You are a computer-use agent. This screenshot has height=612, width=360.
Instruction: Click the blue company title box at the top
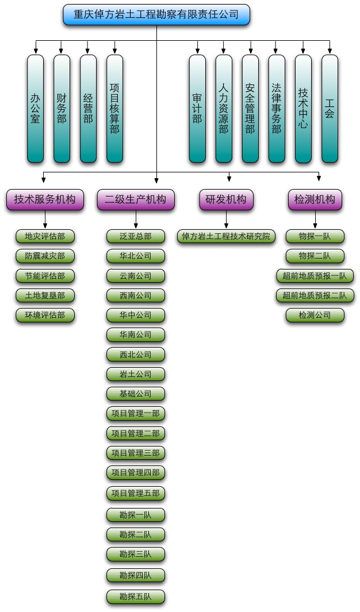(156, 14)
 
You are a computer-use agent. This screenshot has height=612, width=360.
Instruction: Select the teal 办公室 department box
(35, 109)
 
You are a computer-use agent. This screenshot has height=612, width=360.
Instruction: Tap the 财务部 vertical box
(62, 109)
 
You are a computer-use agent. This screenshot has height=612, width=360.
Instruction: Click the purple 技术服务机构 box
(45, 199)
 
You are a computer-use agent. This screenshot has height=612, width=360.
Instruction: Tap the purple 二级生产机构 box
(136, 199)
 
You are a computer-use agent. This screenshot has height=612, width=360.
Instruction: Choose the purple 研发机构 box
(226, 199)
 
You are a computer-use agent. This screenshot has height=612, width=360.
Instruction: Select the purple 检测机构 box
(315, 199)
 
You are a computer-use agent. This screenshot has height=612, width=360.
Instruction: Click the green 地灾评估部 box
(45, 236)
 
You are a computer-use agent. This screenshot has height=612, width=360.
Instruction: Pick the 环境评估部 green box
(45, 315)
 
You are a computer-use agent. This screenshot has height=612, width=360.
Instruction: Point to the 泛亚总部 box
(136, 236)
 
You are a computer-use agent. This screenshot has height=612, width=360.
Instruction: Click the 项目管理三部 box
(136, 453)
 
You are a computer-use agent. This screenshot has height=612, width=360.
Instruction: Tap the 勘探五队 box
(136, 596)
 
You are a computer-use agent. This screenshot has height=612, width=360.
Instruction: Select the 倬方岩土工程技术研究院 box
(226, 236)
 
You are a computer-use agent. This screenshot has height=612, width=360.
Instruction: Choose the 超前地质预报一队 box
(315, 276)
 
